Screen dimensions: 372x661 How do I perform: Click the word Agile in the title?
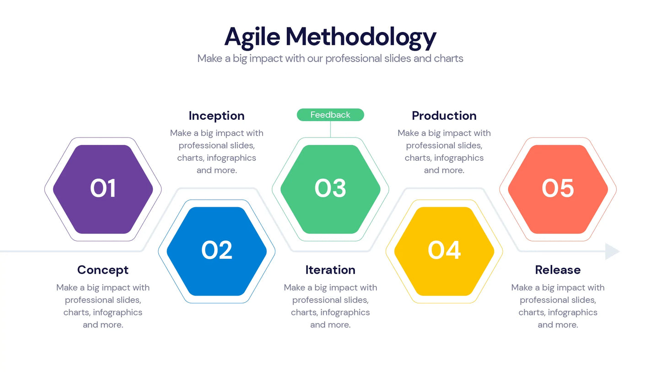pyautogui.click(x=251, y=37)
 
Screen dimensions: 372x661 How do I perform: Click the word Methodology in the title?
pyautogui.click(x=360, y=37)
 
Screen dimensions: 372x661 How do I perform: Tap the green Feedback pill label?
pyautogui.click(x=330, y=115)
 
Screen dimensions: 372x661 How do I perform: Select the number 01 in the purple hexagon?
pyautogui.click(x=103, y=188)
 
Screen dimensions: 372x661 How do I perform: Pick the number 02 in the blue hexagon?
pyautogui.click(x=216, y=250)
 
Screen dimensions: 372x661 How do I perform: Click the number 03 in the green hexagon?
pyautogui.click(x=330, y=188)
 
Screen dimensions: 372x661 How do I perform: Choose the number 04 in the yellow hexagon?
pyautogui.click(x=444, y=250)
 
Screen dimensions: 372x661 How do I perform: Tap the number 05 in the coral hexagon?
pyautogui.click(x=557, y=188)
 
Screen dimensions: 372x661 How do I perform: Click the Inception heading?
pyautogui.click(x=216, y=116)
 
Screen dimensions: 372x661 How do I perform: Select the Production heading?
pyautogui.click(x=444, y=116)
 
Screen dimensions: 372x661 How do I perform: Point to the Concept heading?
pyautogui.click(x=103, y=270)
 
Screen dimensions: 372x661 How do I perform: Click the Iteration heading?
pyautogui.click(x=330, y=270)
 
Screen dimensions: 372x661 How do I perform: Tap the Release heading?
pyautogui.click(x=558, y=270)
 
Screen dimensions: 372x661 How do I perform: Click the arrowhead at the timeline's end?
pyautogui.click(x=612, y=251)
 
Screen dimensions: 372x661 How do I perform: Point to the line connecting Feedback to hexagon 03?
pyautogui.click(x=330, y=129)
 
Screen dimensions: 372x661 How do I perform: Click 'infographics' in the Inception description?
pyautogui.click(x=231, y=158)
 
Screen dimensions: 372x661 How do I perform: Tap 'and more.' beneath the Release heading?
pyautogui.click(x=558, y=325)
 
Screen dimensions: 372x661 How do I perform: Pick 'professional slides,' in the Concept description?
pyautogui.click(x=103, y=300)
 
